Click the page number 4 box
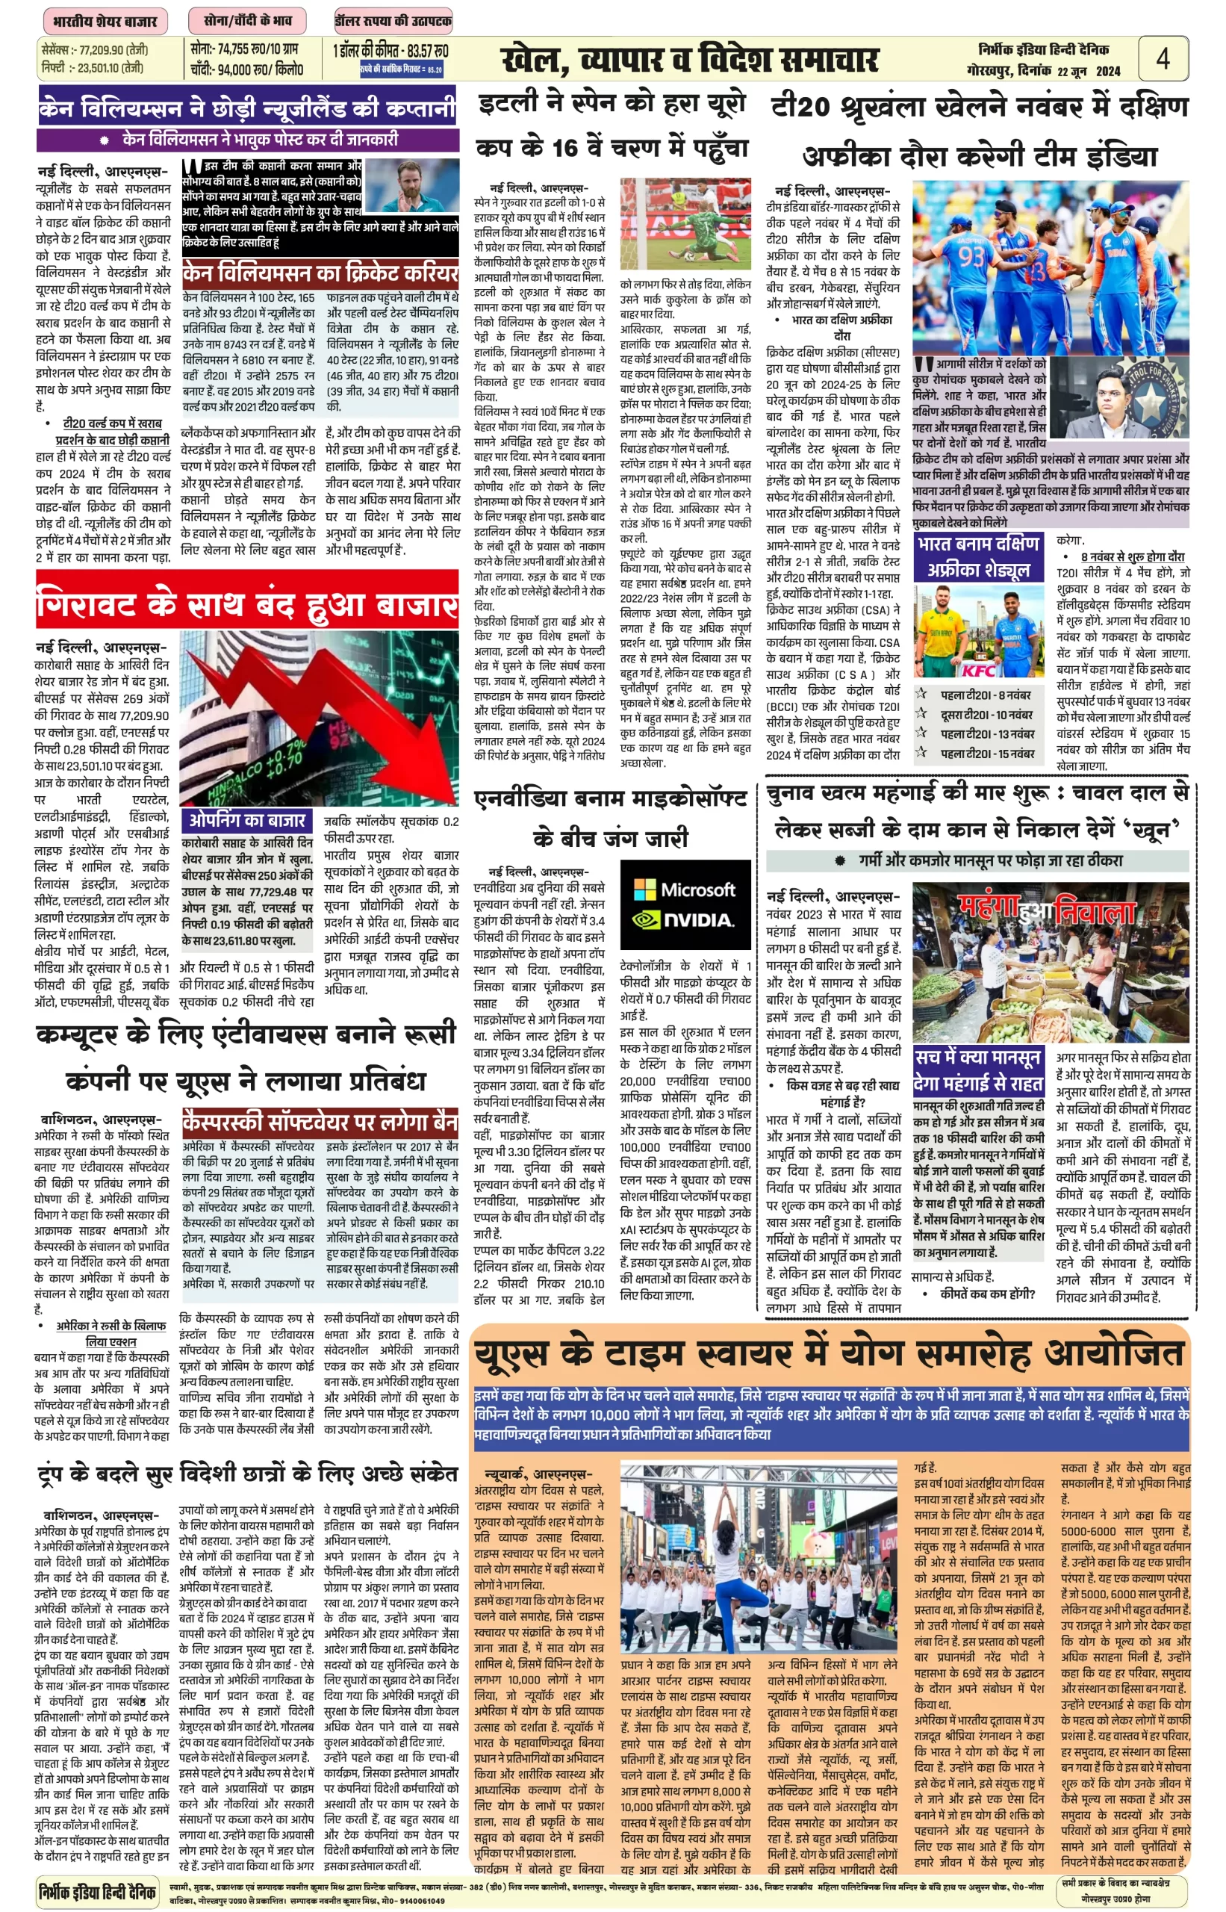click(x=1163, y=58)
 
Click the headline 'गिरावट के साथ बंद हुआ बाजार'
click(x=247, y=605)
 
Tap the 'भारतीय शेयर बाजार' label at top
click(x=105, y=21)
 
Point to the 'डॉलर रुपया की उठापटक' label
click(x=393, y=21)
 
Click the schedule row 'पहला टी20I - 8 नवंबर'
click(x=984, y=695)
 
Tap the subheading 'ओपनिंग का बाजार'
click(x=247, y=820)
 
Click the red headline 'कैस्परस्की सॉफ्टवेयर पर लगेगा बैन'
click(x=320, y=1122)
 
